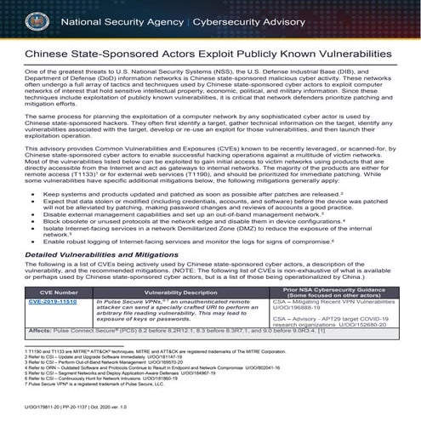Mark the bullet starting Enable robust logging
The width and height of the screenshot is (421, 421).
click(170, 244)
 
